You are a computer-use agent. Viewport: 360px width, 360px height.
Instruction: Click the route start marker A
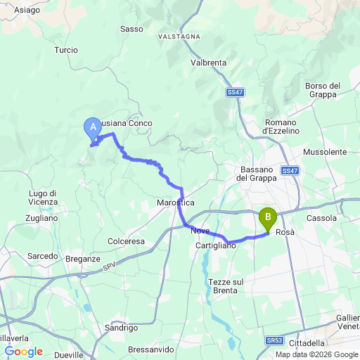click(x=91, y=128)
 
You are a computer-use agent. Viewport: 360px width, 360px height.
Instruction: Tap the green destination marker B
click(x=267, y=218)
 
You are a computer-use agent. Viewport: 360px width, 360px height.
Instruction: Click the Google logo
click(x=23, y=352)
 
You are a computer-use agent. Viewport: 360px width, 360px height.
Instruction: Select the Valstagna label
click(x=179, y=36)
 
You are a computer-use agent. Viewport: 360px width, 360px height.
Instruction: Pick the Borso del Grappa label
click(x=323, y=90)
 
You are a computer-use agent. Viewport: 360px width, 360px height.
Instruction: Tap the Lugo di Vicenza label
click(x=43, y=198)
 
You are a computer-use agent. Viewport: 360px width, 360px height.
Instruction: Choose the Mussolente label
click(x=325, y=152)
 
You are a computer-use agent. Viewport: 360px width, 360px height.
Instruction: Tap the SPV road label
click(x=108, y=266)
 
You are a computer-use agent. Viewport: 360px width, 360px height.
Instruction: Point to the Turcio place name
click(x=66, y=51)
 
